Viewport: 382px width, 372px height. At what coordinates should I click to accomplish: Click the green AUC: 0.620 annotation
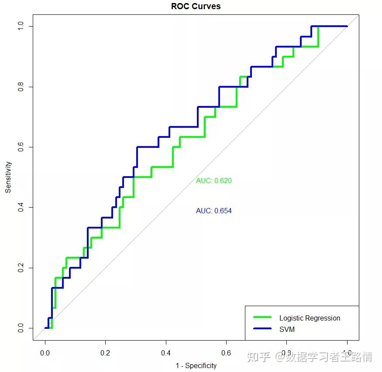213,181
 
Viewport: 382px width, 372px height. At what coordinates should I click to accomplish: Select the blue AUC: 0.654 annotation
213,211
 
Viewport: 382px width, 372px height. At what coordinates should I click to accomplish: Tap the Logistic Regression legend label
310,318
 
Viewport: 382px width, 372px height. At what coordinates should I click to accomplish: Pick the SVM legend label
287,329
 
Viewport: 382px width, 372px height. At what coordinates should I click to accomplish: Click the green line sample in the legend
262,317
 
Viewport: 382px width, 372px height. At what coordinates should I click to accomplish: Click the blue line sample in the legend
262,329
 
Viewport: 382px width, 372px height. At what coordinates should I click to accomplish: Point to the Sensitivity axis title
8,177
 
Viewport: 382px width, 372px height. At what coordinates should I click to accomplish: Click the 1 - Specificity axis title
196,365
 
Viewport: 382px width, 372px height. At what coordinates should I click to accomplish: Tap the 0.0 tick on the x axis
45,352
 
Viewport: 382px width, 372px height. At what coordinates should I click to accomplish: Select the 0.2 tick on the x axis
105,352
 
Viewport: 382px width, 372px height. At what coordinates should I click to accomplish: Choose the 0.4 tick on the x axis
166,352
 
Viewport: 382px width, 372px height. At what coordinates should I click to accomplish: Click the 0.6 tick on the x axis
226,352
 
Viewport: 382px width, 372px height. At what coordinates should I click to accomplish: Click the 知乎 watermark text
259,357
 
